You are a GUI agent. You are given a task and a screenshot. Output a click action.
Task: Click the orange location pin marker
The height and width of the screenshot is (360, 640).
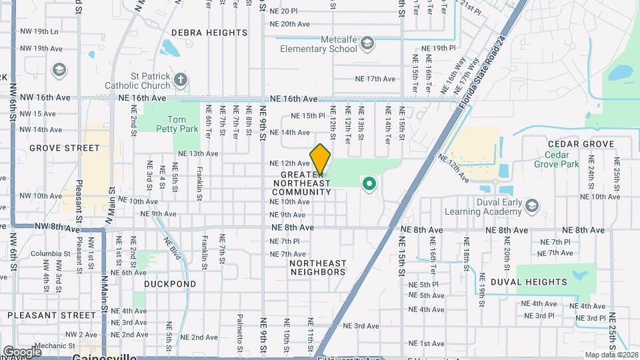coord(320,159)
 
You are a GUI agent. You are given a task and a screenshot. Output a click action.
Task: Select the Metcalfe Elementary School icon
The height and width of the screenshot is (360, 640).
coord(367,44)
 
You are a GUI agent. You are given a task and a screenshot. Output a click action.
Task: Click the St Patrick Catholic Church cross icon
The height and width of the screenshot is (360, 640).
coord(180,81)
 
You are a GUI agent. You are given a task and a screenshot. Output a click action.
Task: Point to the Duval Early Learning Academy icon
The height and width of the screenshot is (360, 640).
coord(531,204)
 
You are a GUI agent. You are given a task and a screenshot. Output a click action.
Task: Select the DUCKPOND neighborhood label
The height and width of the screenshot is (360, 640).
coord(170,284)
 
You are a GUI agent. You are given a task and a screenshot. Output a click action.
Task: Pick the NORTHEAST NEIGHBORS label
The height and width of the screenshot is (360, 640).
coord(318,267)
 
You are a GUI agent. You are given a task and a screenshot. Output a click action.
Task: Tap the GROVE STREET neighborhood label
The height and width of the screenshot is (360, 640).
coord(64,148)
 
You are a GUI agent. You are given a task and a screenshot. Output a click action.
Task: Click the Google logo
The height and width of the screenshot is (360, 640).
coord(22,351)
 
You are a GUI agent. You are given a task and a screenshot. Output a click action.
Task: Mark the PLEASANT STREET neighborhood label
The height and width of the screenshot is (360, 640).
coord(51,315)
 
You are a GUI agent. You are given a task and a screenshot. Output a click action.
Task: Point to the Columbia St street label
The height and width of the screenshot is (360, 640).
coord(45,253)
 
